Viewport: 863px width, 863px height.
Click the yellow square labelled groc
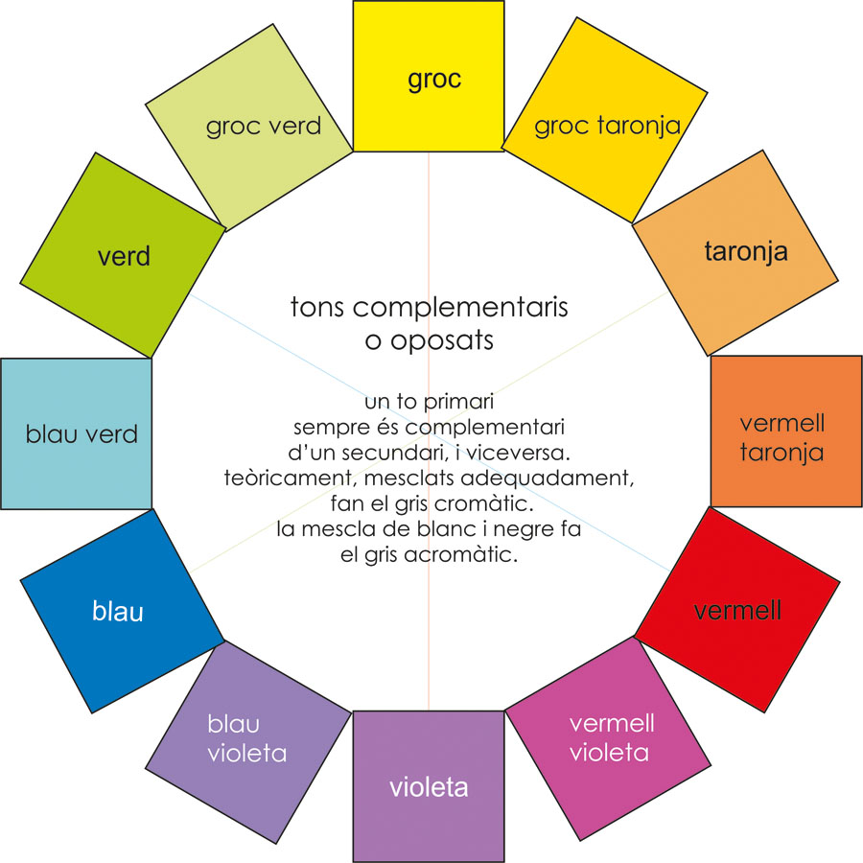pyautogui.click(x=429, y=76)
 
